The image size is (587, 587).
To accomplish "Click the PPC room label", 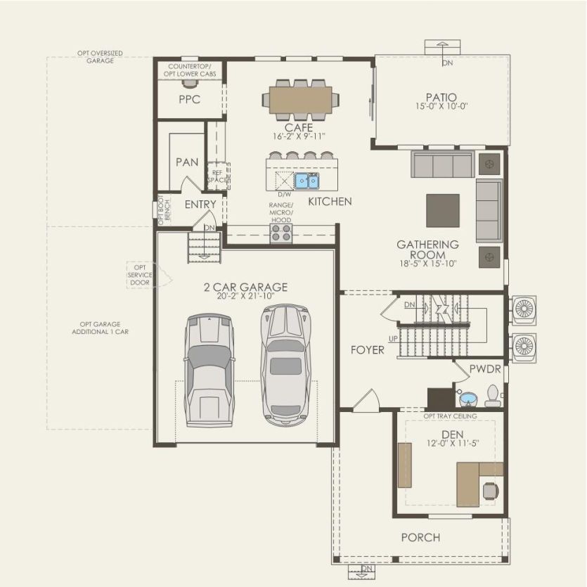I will (x=189, y=100).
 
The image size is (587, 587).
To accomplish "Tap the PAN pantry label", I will (x=187, y=162).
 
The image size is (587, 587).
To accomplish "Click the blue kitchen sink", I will (x=306, y=181).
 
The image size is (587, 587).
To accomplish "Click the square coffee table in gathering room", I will (x=443, y=210).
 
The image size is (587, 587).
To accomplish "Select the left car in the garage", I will (x=209, y=369).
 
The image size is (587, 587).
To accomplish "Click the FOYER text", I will (x=368, y=349).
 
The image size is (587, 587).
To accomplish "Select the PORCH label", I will (x=420, y=538).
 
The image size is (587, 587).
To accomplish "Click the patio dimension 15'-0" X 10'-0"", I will (x=441, y=106).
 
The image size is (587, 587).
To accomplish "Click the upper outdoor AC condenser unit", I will (x=523, y=309).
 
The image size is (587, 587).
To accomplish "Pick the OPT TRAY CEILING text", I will (x=450, y=416).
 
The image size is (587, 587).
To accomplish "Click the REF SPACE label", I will (x=217, y=176).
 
